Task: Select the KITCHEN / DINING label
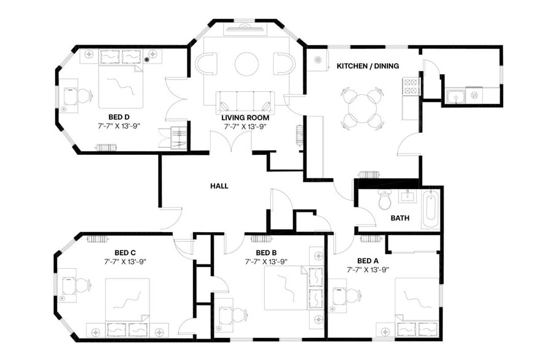pyautogui.click(x=368, y=66)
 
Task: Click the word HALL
pyautogui.click(x=219, y=186)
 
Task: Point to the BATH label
pyautogui.click(x=400, y=218)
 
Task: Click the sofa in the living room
pyautogui.click(x=245, y=102)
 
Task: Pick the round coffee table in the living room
pyautogui.click(x=247, y=64)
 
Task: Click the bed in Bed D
pyautogui.click(x=120, y=86)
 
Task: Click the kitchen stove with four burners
pyautogui.click(x=410, y=87)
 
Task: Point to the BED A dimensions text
pyautogui.click(x=368, y=269)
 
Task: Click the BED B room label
pyautogui.click(x=267, y=252)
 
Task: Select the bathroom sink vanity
pyautogui.click(x=407, y=197)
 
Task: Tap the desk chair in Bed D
pyautogui.click(x=81, y=96)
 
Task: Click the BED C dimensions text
pyautogui.click(x=125, y=261)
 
